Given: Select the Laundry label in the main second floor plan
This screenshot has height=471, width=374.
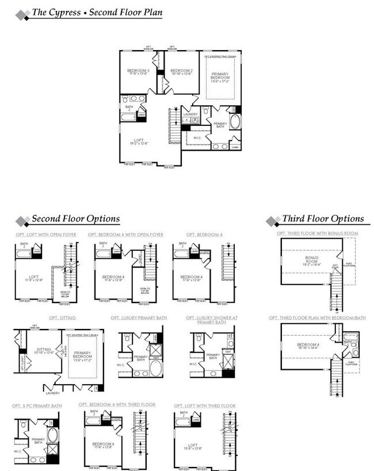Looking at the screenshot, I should [x=190, y=114].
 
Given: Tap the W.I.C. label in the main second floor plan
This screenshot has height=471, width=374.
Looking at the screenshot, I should [x=197, y=137].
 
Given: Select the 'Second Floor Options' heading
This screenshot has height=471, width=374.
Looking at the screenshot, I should [x=75, y=219].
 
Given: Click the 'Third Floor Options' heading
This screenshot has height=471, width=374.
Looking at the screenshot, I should [x=323, y=219].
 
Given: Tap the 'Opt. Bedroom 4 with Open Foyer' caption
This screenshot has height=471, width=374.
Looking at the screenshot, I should [x=125, y=235].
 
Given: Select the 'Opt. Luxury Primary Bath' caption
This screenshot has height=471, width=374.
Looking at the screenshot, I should [x=139, y=317].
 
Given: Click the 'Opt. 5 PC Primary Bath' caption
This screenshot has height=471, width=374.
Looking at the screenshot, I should [x=37, y=406].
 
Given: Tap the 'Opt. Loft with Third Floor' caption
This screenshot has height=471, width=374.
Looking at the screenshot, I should [x=204, y=406].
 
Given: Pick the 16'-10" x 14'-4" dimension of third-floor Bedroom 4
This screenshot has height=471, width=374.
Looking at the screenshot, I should [x=311, y=348].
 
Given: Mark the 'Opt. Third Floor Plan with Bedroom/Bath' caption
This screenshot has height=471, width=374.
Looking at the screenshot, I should [x=316, y=317].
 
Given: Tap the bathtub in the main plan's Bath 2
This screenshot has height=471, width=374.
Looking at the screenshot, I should [x=128, y=117].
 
